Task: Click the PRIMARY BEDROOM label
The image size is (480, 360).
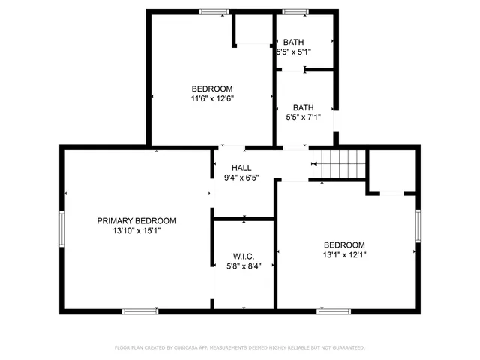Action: click(x=136, y=220)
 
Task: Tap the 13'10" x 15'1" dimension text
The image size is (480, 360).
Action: click(x=136, y=231)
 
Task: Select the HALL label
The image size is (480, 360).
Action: click(x=241, y=168)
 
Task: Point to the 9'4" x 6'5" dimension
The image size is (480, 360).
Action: click(x=241, y=178)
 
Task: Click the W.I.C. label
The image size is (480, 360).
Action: click(x=244, y=256)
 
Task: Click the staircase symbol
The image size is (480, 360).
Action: click(x=337, y=162)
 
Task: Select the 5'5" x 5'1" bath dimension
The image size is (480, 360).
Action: click(x=293, y=52)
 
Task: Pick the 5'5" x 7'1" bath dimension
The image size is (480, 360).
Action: click(x=303, y=117)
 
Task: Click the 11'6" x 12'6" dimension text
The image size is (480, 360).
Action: click(x=211, y=98)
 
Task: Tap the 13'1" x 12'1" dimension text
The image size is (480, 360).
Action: click(x=344, y=255)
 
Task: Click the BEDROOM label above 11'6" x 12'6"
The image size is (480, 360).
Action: click(x=211, y=88)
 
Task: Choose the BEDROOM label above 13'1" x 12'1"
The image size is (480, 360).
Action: click(x=344, y=244)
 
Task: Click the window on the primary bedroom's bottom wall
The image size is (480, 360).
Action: click(x=140, y=310)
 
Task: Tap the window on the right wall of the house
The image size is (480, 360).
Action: click(x=417, y=226)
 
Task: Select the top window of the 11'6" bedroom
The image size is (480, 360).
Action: click(x=214, y=11)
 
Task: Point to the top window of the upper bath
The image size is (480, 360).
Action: click(x=295, y=11)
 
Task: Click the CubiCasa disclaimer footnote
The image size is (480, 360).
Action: click(x=240, y=347)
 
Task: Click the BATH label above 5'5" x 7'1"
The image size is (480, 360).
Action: click(x=303, y=106)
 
